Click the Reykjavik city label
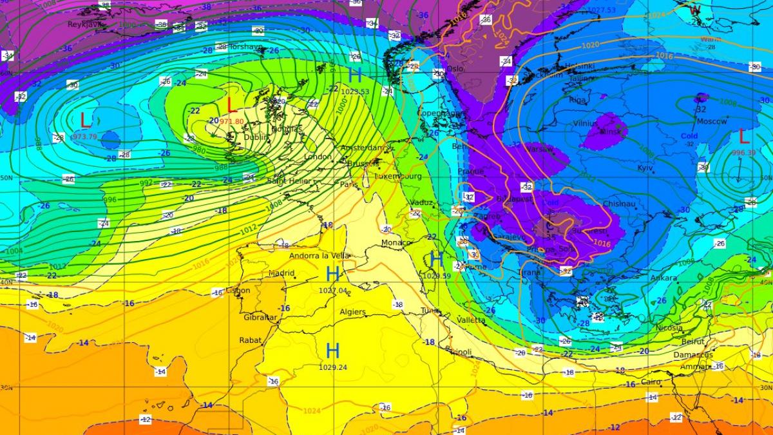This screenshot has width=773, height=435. (x=86, y=24)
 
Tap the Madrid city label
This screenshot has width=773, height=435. (x=281, y=273)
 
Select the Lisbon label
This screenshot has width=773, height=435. (x=238, y=291)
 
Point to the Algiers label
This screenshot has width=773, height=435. (x=352, y=312)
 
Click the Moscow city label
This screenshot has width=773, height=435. (x=712, y=121)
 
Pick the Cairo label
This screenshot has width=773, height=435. (x=651, y=382)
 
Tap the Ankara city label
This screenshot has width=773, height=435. (x=664, y=278)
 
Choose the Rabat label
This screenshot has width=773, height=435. (x=251, y=340)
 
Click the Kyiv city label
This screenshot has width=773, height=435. (x=645, y=168)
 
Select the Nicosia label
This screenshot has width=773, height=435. (x=670, y=327)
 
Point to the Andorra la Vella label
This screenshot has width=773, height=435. (x=320, y=255)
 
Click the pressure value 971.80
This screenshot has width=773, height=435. (x=232, y=122)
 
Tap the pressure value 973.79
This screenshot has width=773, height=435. (x=84, y=137)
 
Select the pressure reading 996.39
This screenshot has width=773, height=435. (x=743, y=153)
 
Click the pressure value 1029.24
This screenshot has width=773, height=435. (x=332, y=367)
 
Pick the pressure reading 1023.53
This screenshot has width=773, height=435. (x=355, y=92)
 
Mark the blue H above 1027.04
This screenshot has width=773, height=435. (x=333, y=273)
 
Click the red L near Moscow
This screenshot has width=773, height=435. (x=744, y=136)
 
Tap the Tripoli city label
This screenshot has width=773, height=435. (x=459, y=351)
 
